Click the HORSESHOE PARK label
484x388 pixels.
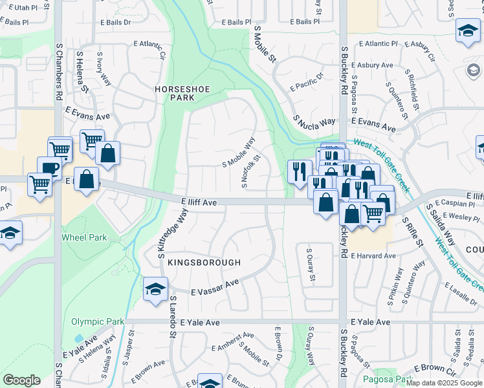pos(174,92)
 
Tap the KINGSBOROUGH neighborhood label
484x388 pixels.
pos(204,263)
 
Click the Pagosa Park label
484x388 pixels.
pos(388,379)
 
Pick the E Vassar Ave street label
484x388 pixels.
pos(215,288)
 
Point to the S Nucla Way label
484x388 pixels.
pos(314,121)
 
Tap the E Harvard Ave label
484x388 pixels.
pos(373,256)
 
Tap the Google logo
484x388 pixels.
pos(22,380)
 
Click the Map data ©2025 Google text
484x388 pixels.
pos(444,383)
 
